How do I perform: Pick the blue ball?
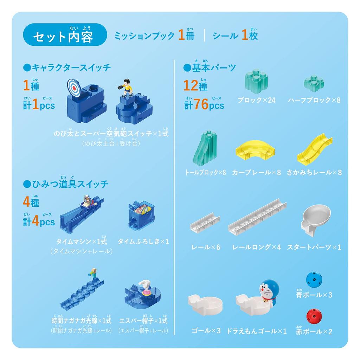pos(314,279)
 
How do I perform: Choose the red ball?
pos(314,316)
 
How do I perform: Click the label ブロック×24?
pos(256,100)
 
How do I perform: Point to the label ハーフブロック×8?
pos(314,100)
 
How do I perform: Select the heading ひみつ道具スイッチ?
pos(65,184)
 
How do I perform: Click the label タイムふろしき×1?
pos(143,241)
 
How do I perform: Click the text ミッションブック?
pos(144,36)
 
